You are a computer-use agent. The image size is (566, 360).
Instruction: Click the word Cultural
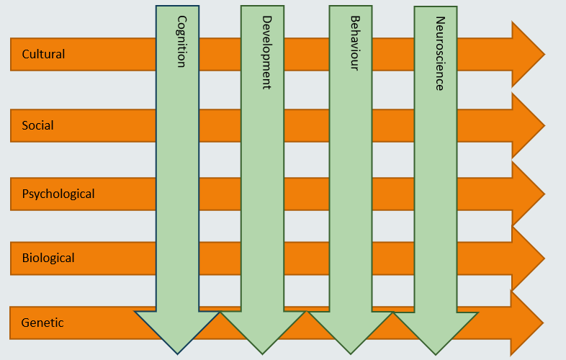43,54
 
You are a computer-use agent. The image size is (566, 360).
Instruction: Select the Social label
37,125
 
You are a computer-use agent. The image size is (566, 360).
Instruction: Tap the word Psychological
58,194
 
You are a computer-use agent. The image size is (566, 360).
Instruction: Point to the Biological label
48,258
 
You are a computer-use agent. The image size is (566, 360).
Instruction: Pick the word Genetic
42,323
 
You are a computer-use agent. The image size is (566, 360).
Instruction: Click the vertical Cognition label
181,42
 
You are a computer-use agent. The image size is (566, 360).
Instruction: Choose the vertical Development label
266,53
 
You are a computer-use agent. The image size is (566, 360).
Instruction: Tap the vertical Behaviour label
354,43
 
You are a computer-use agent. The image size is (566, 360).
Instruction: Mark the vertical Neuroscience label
439,53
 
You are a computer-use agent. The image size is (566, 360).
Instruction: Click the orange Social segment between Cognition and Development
220,125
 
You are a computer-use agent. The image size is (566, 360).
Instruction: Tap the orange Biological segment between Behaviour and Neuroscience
393,258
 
